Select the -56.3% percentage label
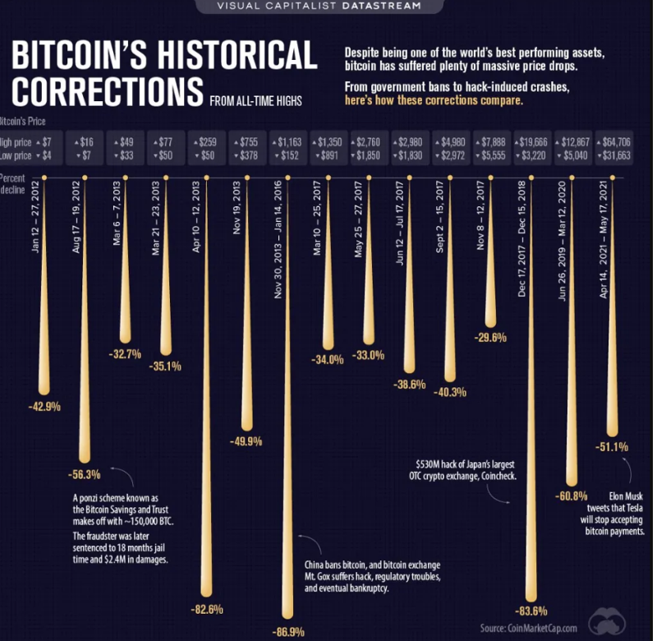tap(83, 474)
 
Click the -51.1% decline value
tap(610, 447)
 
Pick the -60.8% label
tap(571, 496)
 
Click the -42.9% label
tap(44, 405)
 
